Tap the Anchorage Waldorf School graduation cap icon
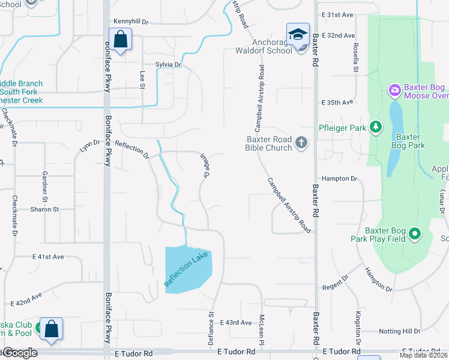tap(298, 35)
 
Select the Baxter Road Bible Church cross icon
tap(301, 143)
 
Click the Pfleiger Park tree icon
tap(376, 127)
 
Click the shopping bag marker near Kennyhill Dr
tap(120, 39)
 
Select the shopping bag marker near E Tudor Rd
tap(51, 329)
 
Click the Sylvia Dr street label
tap(168, 65)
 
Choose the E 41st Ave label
tap(48, 257)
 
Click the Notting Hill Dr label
tap(399, 331)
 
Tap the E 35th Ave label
tap(337, 103)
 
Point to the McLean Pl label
tap(262, 326)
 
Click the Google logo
tap(19, 353)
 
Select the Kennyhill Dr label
tap(130, 21)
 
